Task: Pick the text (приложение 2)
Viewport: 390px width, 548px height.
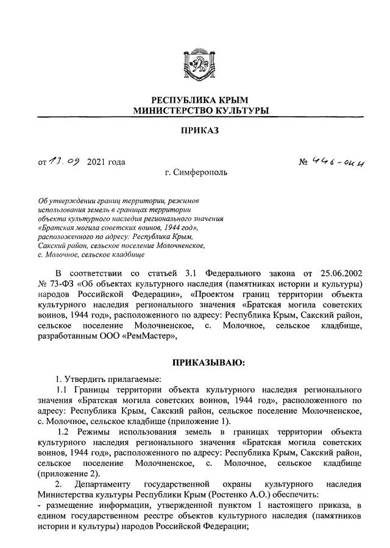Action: click(x=69, y=473)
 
